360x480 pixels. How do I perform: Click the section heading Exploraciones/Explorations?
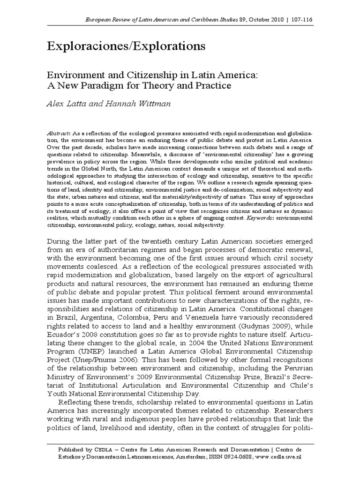tap(126, 46)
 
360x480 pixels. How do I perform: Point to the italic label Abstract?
tap(58, 133)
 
